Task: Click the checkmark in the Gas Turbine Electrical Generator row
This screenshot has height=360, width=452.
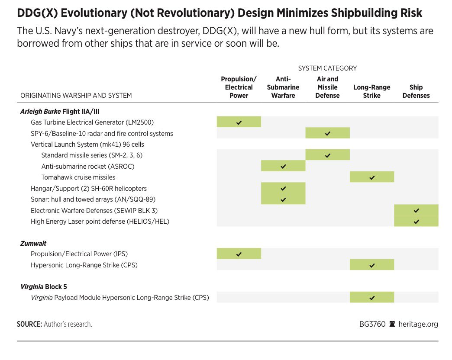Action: (x=239, y=122)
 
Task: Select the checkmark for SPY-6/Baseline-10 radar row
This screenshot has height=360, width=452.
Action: (x=327, y=133)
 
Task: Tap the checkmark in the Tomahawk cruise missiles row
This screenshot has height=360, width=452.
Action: (x=372, y=177)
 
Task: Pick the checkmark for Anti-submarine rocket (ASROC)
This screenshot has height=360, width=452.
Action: (x=283, y=166)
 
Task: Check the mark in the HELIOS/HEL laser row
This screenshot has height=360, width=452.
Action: (x=416, y=222)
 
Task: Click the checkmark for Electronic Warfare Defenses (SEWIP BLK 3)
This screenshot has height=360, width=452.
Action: (x=416, y=211)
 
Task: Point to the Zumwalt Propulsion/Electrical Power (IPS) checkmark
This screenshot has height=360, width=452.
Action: (x=239, y=254)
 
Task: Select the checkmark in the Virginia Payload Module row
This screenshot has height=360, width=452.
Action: (x=372, y=298)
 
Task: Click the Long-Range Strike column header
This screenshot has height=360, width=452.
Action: (x=371, y=91)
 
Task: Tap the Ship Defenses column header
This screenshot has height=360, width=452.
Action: (x=416, y=91)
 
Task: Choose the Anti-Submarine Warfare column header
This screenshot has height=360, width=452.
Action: (x=283, y=87)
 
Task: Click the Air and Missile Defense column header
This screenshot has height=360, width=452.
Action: (x=327, y=87)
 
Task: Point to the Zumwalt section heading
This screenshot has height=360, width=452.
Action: (x=33, y=243)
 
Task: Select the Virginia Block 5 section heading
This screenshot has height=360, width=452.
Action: (x=44, y=286)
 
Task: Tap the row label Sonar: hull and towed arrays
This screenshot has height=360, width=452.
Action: (x=93, y=199)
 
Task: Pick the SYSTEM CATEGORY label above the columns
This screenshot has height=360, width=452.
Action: (x=327, y=68)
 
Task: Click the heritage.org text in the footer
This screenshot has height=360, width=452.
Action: (x=418, y=324)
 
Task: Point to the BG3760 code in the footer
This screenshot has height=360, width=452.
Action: (x=372, y=324)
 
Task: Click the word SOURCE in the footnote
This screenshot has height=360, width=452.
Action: (x=29, y=324)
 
